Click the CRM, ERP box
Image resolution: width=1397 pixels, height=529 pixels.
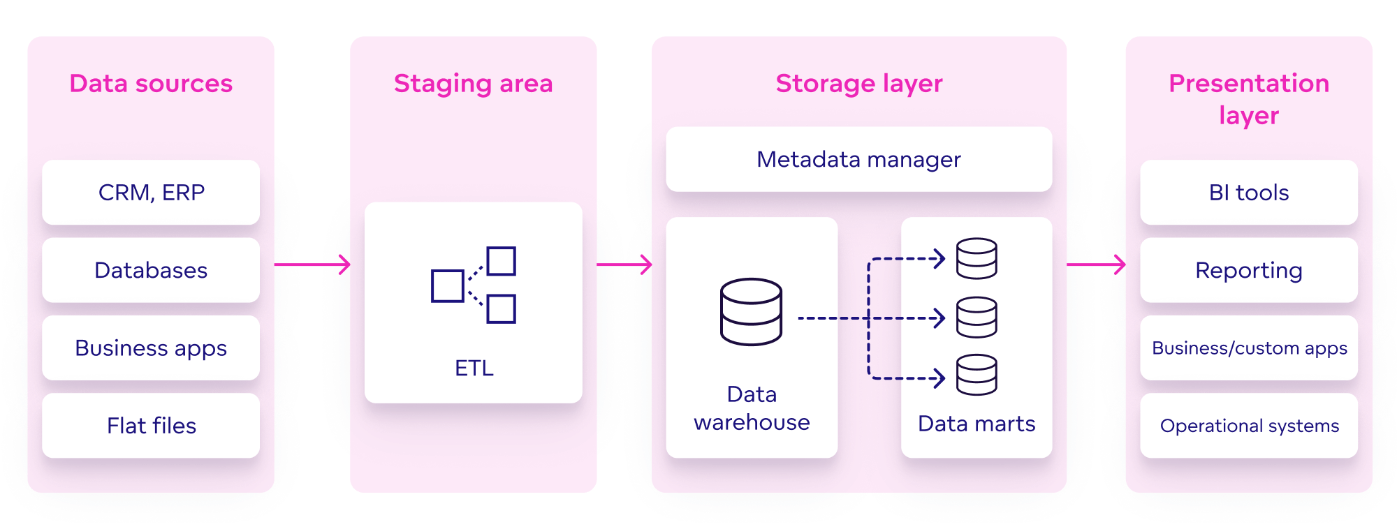151,193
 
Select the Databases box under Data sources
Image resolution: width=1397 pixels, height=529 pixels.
151,270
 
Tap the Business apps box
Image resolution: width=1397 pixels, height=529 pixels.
151,348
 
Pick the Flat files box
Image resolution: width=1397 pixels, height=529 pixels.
151,425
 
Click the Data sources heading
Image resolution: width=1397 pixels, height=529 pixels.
151,84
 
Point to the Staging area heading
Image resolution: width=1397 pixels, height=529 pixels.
473,84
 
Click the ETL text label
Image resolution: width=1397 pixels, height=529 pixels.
474,368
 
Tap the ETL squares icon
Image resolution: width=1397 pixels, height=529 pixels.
474,285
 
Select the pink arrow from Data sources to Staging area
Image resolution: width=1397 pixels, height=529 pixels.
312,264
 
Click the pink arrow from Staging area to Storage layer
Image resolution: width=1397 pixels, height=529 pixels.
624,264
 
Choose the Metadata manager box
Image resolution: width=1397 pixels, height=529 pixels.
858,159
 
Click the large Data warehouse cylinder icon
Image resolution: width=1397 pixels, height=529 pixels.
751,312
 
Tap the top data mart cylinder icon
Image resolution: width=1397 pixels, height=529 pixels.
977,259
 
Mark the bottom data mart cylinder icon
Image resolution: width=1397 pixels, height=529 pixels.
977,375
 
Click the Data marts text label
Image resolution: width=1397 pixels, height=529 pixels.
976,424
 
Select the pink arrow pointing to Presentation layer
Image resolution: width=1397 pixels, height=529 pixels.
1096,264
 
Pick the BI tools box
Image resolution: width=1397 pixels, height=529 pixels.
1248,193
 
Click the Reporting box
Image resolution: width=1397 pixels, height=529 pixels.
1248,270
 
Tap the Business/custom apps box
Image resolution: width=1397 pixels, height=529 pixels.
1248,348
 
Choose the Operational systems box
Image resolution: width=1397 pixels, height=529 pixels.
1248,425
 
